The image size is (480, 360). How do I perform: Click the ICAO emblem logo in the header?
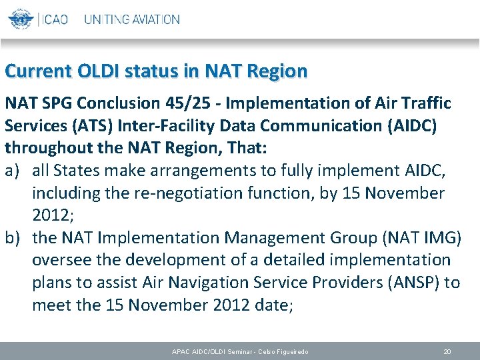click(21, 19)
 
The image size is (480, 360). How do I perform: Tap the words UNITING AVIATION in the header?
click(131, 19)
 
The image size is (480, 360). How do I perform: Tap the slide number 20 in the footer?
click(447, 351)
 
